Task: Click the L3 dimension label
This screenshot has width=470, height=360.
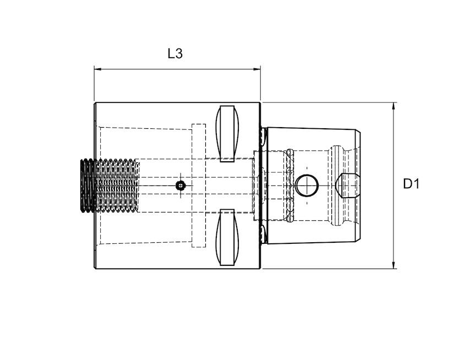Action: point(175,53)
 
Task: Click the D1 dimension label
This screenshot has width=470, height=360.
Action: point(411,184)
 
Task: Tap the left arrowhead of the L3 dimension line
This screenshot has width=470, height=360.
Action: point(97,69)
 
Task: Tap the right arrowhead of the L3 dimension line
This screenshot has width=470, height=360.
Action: point(257,69)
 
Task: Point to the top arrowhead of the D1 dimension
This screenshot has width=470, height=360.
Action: point(394,106)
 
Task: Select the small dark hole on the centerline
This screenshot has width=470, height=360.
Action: point(180,186)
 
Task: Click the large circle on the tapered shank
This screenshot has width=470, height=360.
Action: point(307,185)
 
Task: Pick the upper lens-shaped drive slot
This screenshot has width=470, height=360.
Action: point(228,133)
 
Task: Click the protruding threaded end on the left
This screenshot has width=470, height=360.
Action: point(88,186)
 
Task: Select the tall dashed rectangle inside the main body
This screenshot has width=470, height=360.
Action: point(198,186)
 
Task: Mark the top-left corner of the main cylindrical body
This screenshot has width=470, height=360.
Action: point(95,103)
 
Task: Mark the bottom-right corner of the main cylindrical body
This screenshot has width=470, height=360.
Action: point(260,268)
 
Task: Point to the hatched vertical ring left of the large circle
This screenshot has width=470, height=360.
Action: point(289,186)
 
